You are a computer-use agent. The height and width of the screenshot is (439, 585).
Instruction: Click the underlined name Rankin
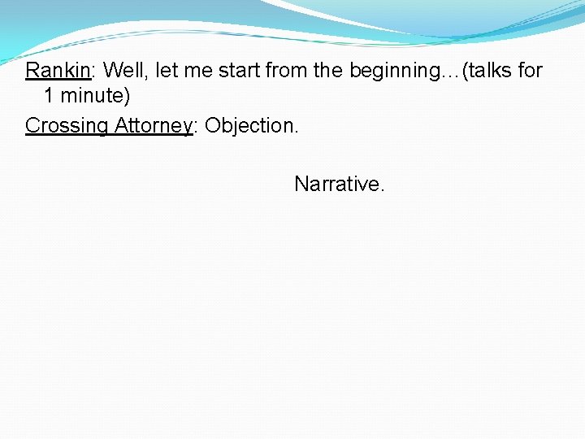[57, 71]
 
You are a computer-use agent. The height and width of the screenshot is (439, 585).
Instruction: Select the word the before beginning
[328, 71]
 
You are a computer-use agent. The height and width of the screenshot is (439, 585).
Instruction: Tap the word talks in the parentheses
[489, 71]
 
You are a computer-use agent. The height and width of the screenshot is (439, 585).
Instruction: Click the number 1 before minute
[49, 97]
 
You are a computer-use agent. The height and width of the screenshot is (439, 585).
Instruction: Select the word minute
[89, 97]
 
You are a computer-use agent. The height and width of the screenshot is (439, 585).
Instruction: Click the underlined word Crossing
[67, 126]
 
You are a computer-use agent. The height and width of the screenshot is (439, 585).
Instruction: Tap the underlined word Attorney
[153, 126]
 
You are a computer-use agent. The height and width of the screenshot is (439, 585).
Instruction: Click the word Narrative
[340, 185]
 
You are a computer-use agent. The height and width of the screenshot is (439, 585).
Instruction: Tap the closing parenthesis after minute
[126, 97]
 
